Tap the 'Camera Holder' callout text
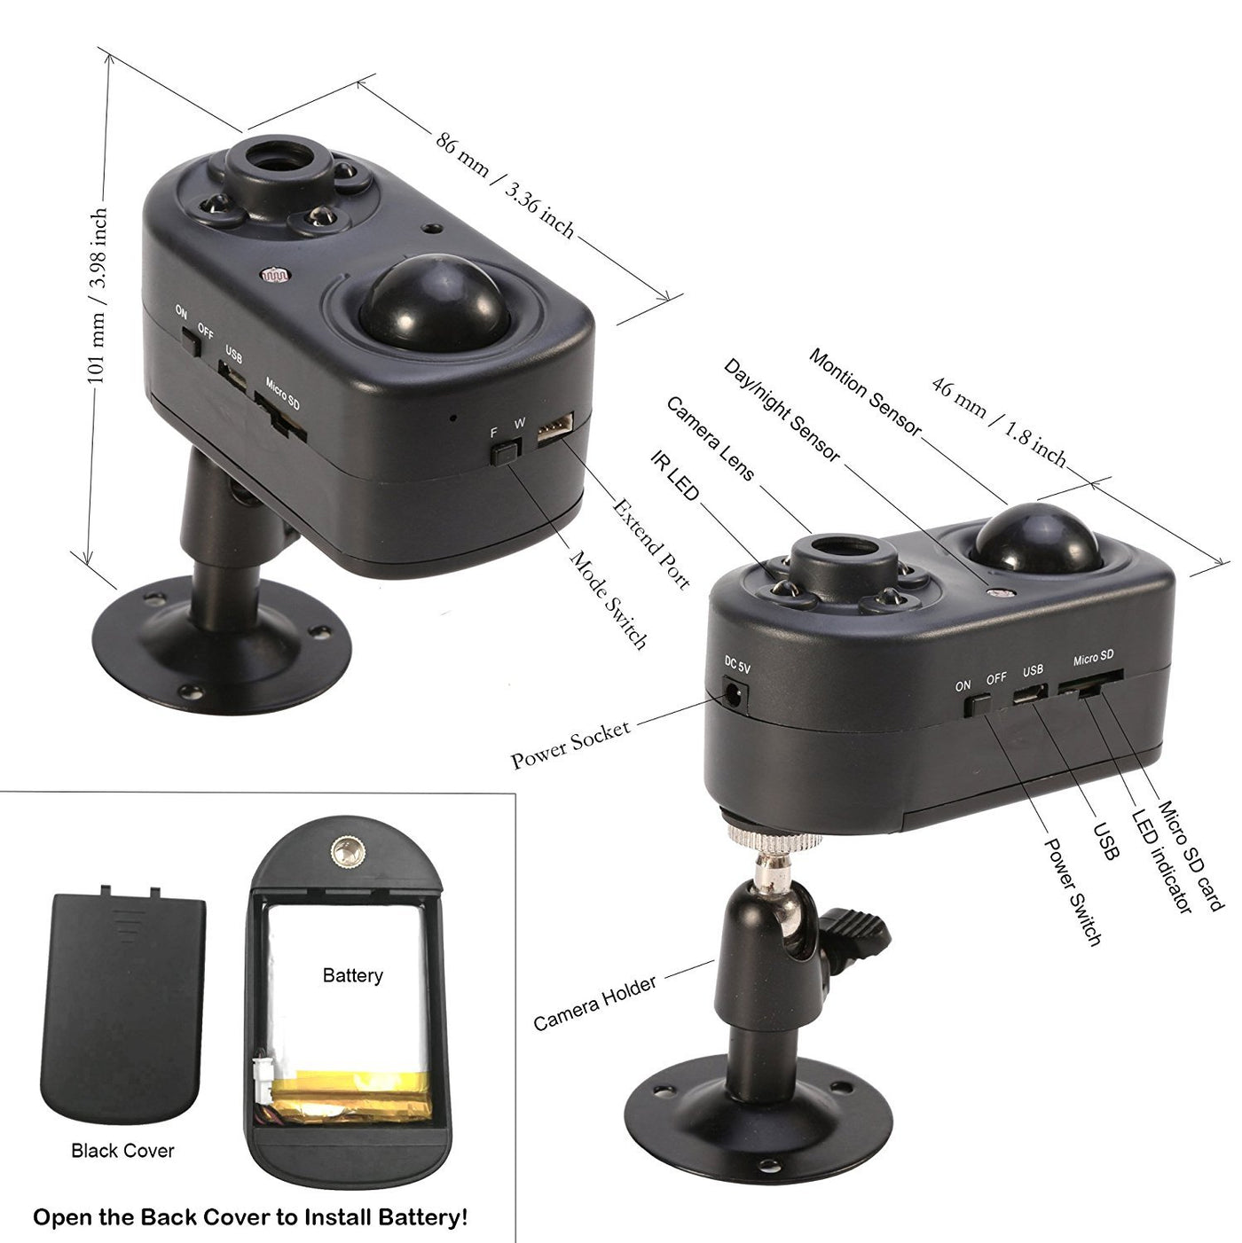(x=594, y=1003)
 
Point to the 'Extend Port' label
(x=650, y=543)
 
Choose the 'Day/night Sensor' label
(x=782, y=410)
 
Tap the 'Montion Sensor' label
(x=866, y=392)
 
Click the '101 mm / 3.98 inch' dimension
(x=97, y=295)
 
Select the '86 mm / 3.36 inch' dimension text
(x=505, y=186)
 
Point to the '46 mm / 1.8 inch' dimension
(x=999, y=422)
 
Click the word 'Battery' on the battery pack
(x=352, y=974)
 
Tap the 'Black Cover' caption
(x=122, y=1150)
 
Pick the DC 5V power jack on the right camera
(x=734, y=695)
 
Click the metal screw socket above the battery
(x=345, y=854)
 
